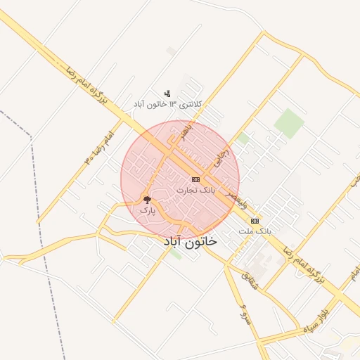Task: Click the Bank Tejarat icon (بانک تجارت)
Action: click(195, 180)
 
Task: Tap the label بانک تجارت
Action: click(195, 191)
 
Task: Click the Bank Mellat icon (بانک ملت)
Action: click(255, 221)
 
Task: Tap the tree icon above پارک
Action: click(147, 200)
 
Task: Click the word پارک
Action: click(146, 210)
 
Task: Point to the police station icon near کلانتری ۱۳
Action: click(167, 93)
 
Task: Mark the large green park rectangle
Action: click(289, 123)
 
